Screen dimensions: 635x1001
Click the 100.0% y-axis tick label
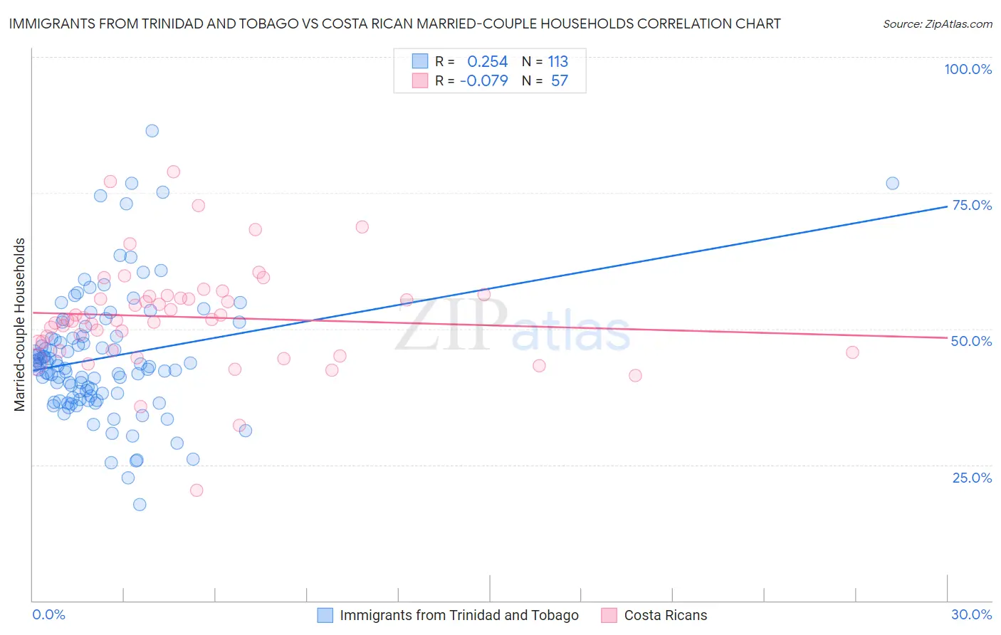(x=968, y=69)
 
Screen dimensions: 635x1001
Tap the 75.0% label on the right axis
(x=972, y=205)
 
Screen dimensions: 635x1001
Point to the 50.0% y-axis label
(x=971, y=341)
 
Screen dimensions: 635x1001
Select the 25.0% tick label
(x=972, y=477)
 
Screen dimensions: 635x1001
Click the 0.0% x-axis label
(x=48, y=614)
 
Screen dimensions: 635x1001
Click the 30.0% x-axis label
(x=971, y=614)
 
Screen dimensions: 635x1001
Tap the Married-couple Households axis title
(x=20, y=325)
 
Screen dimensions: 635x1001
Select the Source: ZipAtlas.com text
(x=937, y=23)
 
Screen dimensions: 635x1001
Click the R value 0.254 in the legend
(x=487, y=62)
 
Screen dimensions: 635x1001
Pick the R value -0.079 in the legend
(x=484, y=81)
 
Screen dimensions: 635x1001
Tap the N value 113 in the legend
(x=558, y=62)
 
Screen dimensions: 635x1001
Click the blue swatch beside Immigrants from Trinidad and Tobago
(x=325, y=615)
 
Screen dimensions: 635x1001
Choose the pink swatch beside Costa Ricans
(x=609, y=615)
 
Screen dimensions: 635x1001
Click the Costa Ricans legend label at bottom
(x=666, y=615)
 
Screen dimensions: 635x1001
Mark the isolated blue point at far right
(x=892, y=183)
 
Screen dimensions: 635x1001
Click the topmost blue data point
(x=152, y=130)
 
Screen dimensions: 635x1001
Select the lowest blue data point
(x=140, y=504)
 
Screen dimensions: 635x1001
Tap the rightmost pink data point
(x=852, y=352)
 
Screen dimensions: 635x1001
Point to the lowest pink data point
(x=196, y=490)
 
